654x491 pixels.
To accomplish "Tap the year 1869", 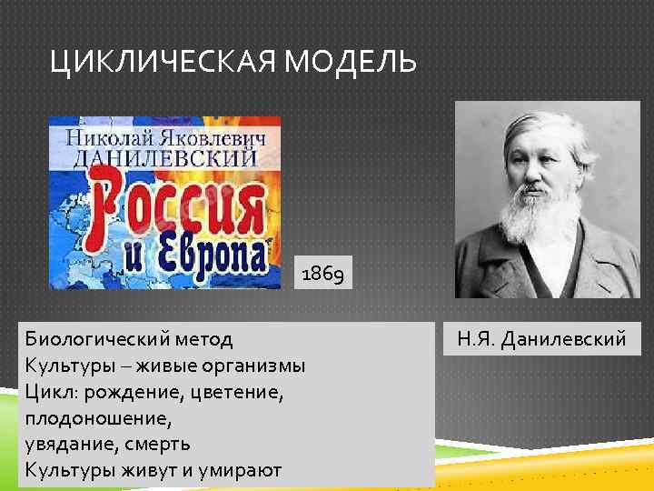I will (x=322, y=272).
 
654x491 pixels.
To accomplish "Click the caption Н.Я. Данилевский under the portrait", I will (x=541, y=340).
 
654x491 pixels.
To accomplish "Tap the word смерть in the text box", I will (x=158, y=444).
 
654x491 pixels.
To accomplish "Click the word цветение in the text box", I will (x=243, y=392).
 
